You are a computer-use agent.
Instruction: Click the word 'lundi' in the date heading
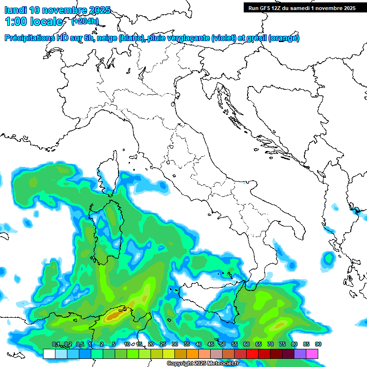(15, 10)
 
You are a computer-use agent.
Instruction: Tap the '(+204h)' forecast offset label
(85, 21)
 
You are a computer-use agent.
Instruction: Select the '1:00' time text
(15, 22)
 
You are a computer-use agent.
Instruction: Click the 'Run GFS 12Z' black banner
(302, 8)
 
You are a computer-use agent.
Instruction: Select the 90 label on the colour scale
(318, 344)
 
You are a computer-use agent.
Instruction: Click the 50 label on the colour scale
(222, 344)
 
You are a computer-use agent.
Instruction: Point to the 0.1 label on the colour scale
(55, 344)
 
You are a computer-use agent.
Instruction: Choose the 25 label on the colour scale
(162, 344)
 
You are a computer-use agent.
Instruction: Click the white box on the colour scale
(49, 354)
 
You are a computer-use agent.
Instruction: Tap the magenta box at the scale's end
(312, 354)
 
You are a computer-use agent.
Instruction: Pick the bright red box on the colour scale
(252, 354)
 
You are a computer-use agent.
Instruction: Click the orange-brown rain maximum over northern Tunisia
(115, 315)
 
